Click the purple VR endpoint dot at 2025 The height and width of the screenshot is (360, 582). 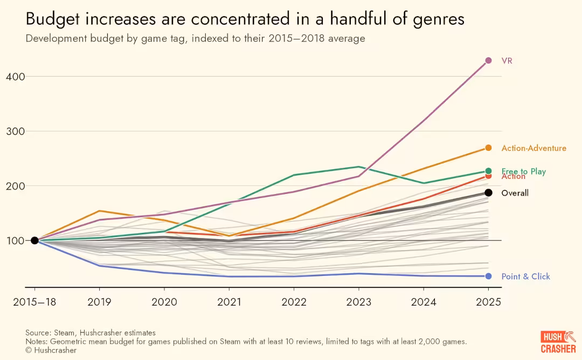pyautogui.click(x=488, y=61)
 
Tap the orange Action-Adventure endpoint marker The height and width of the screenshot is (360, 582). pyautogui.click(x=488, y=148)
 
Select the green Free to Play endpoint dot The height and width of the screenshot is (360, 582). pyautogui.click(x=488, y=171)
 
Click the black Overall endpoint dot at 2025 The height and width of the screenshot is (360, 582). pyautogui.click(x=488, y=192)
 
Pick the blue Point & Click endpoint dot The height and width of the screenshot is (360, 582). pyautogui.click(x=488, y=276)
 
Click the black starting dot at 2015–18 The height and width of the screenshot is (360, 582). pyautogui.click(x=34, y=240)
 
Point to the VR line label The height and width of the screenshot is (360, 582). pyautogui.click(x=507, y=61)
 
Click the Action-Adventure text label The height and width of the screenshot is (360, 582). pyautogui.click(x=533, y=148)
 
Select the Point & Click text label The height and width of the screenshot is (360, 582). pyautogui.click(x=525, y=276)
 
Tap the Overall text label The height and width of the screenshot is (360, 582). pyautogui.click(x=515, y=193)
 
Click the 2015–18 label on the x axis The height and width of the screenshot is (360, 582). pyautogui.click(x=34, y=302)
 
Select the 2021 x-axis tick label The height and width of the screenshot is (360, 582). pyautogui.click(x=229, y=302)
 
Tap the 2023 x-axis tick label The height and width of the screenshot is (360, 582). pyautogui.click(x=359, y=302)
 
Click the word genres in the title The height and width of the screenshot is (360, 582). pyautogui.click(x=436, y=20)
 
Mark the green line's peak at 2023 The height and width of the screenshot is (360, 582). pyautogui.click(x=359, y=167)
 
